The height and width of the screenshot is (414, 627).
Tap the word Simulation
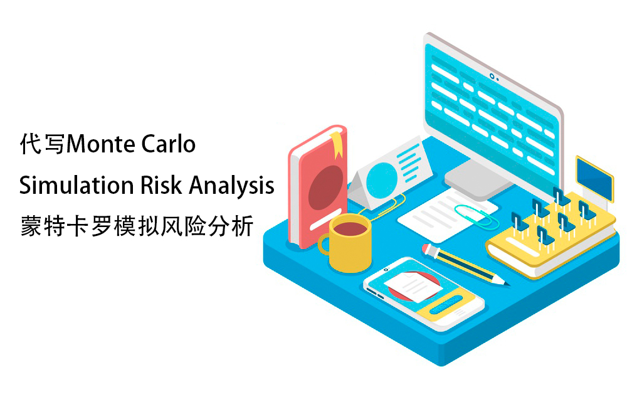click(76, 185)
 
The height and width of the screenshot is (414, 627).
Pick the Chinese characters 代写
click(43, 144)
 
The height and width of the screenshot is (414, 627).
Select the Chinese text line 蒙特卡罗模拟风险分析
click(137, 226)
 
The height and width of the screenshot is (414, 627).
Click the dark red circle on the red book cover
click(325, 188)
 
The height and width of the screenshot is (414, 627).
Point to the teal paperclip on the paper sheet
click(477, 216)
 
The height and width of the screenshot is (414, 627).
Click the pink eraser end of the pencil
click(429, 248)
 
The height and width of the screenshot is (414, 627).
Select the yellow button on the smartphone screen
click(446, 304)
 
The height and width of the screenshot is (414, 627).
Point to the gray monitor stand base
click(478, 181)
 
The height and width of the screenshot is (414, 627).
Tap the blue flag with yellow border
click(594, 178)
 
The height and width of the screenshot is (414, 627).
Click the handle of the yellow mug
click(324, 244)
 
